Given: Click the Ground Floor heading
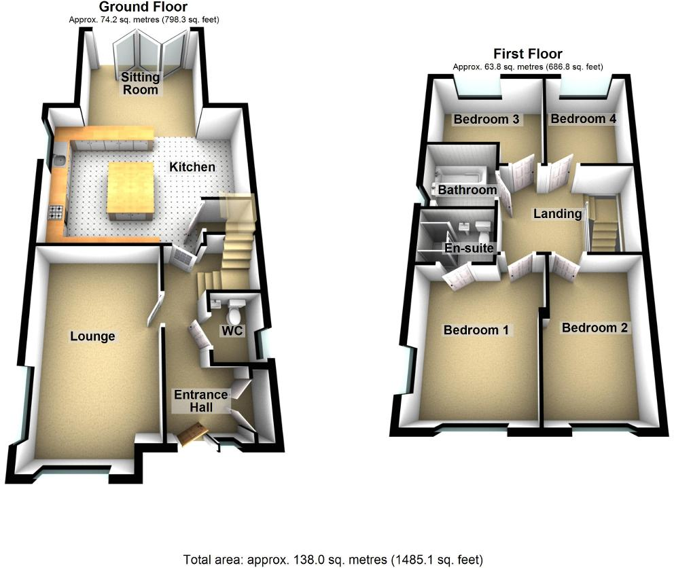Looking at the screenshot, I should tap(143, 7).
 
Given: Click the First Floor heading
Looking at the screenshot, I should tap(528, 54).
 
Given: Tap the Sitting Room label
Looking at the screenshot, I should tap(140, 84).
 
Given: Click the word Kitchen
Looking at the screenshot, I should tap(192, 166).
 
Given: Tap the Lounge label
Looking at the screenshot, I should tap(93, 336).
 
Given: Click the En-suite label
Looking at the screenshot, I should tap(469, 248).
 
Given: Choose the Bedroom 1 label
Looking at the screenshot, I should tap(476, 330).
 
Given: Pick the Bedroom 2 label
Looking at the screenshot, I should tap(595, 327).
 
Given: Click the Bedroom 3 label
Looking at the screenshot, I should tap(486, 120).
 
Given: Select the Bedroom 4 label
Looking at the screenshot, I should tap(583, 119).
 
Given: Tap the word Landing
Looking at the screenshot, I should tap(557, 213).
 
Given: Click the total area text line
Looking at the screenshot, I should tap(334, 560).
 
